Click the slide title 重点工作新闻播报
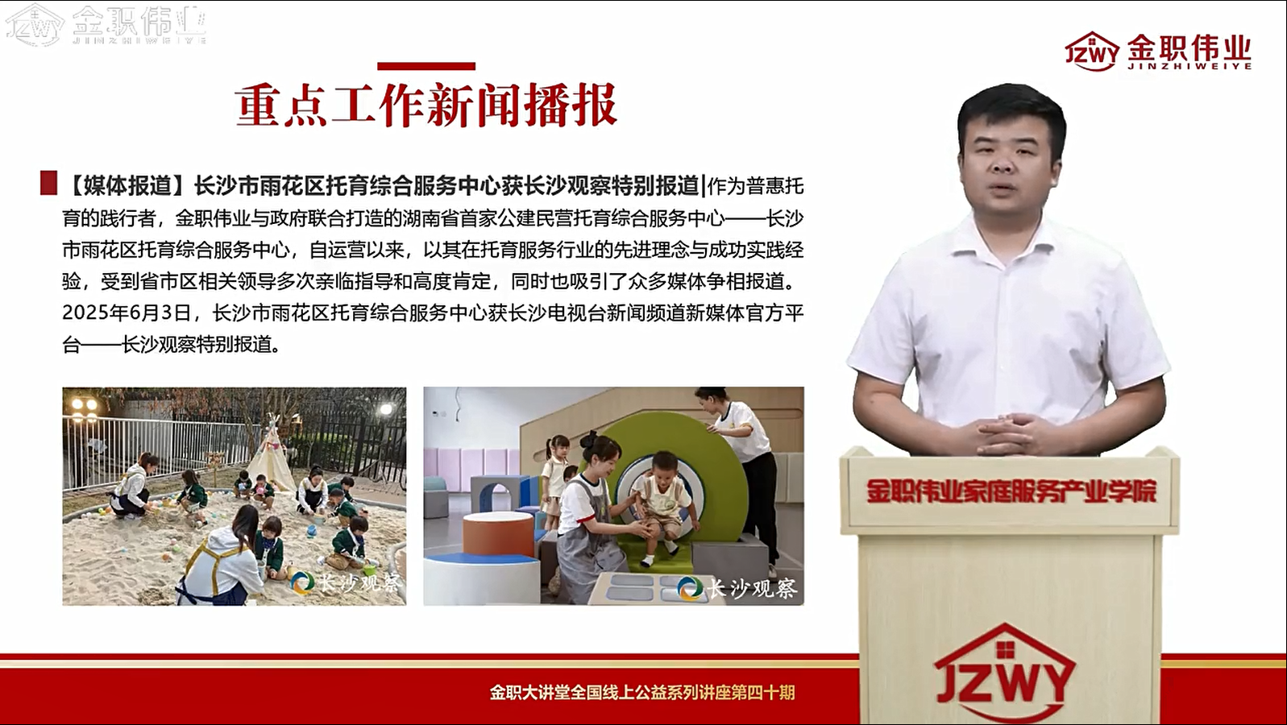pyautogui.click(x=426, y=106)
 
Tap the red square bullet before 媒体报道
pyautogui.click(x=49, y=183)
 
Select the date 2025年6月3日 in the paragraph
pyautogui.click(x=127, y=313)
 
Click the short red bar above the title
pyautogui.click(x=426, y=66)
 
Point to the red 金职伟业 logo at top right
pyautogui.click(x=1158, y=52)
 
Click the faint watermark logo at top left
pyautogui.click(x=106, y=25)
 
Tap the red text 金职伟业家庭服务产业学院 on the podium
pyautogui.click(x=1011, y=491)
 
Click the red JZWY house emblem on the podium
pyautogui.click(x=1004, y=672)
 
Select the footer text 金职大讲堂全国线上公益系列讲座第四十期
pyautogui.click(x=642, y=692)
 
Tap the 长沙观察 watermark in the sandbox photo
pyautogui.click(x=347, y=583)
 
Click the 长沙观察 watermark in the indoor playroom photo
pyautogui.click(x=737, y=588)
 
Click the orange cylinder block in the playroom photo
pyautogui.click(x=497, y=534)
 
